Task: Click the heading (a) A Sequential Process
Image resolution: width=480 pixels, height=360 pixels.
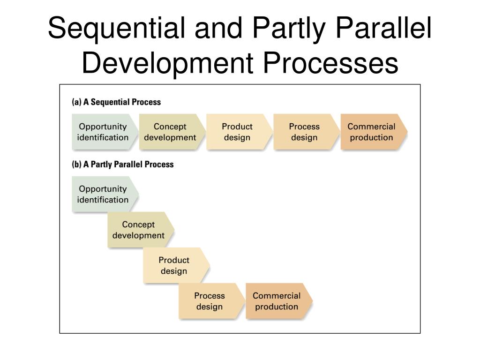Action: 116,102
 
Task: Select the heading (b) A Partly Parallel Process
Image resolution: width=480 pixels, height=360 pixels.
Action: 122,165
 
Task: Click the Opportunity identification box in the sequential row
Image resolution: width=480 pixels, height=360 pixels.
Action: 103,132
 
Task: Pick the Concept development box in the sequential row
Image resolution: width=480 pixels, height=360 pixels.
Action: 170,132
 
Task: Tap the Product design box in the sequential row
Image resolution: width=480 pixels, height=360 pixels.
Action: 237,132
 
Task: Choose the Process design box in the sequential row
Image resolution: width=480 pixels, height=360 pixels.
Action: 304,132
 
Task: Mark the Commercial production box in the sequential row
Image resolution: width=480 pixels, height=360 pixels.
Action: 372,132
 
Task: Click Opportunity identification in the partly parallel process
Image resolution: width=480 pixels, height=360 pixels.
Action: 103,195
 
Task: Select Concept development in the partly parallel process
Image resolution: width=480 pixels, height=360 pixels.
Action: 139,230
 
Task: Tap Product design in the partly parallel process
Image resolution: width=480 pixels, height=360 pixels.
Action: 174,266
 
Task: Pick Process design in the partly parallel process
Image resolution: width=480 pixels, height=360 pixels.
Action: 210,301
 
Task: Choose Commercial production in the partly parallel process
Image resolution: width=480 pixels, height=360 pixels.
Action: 277,301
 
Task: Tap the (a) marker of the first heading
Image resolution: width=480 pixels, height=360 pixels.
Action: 76,102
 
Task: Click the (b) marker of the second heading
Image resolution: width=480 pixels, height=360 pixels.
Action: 76,165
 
